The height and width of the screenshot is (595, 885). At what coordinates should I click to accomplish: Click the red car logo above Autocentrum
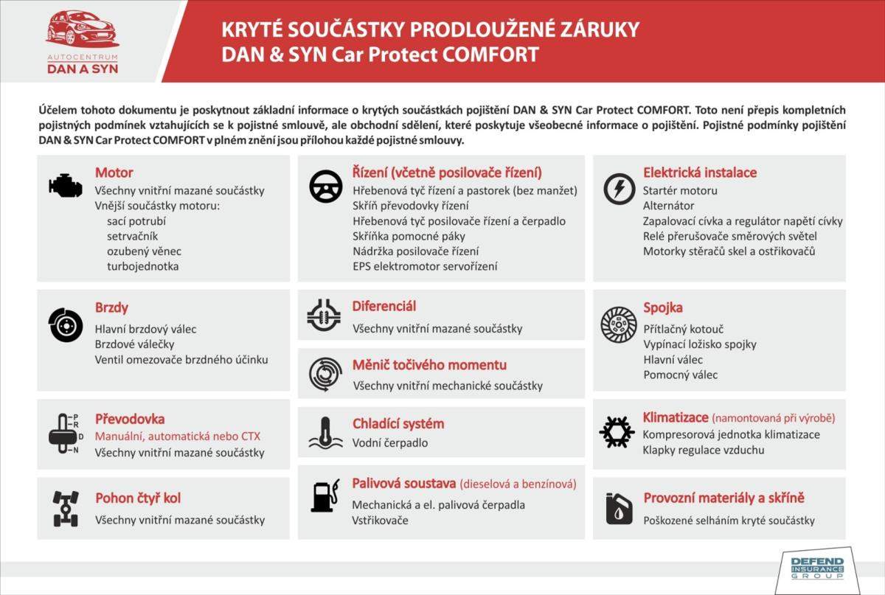81,29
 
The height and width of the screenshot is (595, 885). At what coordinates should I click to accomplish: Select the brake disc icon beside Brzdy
66,325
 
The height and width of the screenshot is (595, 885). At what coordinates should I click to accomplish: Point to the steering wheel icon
325,187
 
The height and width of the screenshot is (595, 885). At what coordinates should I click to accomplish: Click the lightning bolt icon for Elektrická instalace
619,188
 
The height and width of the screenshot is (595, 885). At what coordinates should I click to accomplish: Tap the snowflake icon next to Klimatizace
617,432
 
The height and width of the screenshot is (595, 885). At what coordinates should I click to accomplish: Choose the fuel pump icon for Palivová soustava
324,495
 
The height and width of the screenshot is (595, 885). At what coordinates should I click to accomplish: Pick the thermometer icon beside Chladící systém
324,433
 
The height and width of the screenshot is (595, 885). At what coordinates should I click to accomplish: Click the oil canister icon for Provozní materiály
618,508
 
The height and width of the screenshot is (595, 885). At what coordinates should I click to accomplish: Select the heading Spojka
663,307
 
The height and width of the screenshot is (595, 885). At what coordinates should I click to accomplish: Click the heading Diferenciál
384,305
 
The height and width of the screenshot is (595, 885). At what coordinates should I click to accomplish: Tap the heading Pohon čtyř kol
138,498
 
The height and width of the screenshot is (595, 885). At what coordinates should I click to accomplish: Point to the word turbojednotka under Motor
142,266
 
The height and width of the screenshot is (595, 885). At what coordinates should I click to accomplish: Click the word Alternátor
669,206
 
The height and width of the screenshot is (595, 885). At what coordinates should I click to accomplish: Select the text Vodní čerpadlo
390,443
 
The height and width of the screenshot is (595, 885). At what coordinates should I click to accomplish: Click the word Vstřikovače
380,520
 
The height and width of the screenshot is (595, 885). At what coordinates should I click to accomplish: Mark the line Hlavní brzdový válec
146,330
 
